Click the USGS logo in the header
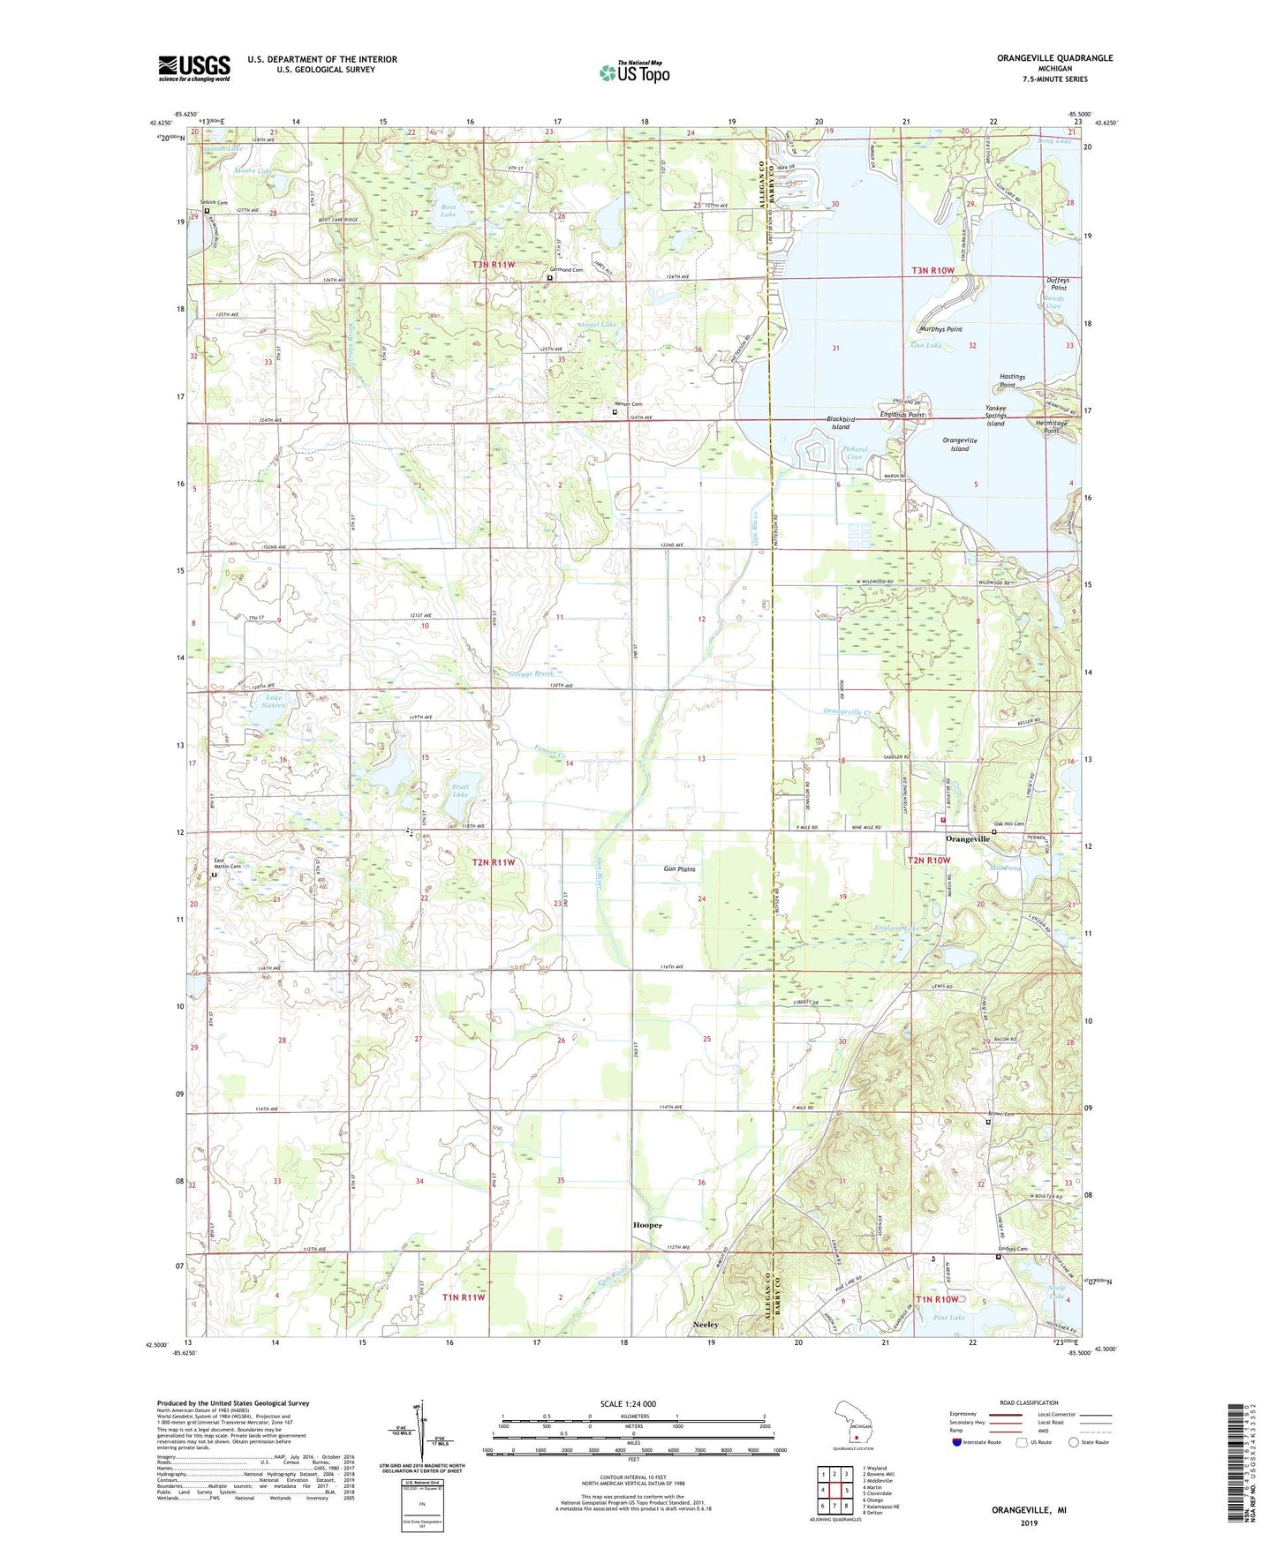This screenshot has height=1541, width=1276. (194, 68)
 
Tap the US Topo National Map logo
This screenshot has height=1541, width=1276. (633, 71)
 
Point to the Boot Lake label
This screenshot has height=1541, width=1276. (449, 211)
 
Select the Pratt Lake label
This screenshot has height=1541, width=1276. (461, 790)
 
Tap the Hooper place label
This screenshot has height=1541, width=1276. (647, 1225)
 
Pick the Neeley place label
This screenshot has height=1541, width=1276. (706, 1325)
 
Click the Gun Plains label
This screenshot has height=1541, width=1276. (679, 869)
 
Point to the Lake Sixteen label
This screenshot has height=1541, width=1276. (274, 701)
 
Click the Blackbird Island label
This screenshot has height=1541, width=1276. (840, 423)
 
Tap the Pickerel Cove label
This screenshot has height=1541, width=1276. (855, 453)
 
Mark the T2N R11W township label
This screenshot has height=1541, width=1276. (493, 861)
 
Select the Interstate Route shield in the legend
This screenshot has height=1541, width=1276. (957, 1442)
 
